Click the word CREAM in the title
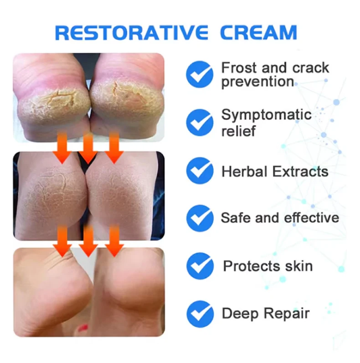[x=258, y=32]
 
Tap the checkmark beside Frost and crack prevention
[x=200, y=74]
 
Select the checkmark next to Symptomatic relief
[x=200, y=122]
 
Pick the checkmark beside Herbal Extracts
[x=200, y=171]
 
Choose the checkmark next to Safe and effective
[x=200, y=218]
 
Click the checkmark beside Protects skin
[x=200, y=266]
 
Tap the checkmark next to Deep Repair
[x=200, y=314]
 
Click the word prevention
[x=258, y=82]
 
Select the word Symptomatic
[x=267, y=115]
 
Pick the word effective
[x=312, y=218]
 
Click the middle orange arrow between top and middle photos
[x=88, y=148]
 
